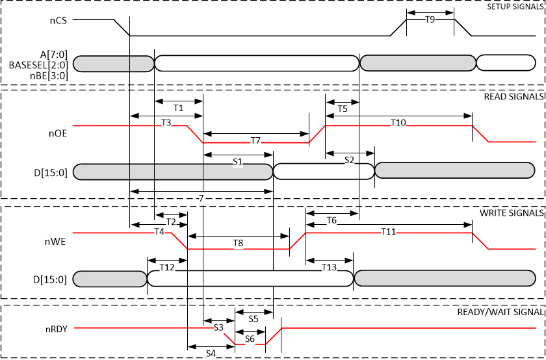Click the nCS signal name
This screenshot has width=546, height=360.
pos(57,20)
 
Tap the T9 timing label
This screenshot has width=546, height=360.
pos(430,20)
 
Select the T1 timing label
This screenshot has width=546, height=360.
pos(179,107)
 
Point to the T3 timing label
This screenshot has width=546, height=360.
pos(166,122)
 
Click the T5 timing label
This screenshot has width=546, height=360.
pos(342,109)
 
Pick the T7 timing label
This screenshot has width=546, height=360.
pos(255,140)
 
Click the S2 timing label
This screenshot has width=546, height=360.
pos(349,159)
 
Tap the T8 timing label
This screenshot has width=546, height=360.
pos(238,243)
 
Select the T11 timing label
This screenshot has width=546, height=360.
pos(389,231)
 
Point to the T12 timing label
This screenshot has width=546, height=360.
pos(167,267)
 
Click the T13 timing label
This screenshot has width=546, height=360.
pos(329,267)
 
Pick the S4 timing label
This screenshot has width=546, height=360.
pos(211,353)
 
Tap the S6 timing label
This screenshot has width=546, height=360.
pos(250,339)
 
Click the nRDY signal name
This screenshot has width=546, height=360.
pos(57,328)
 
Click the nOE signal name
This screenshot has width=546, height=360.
pos(57,133)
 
